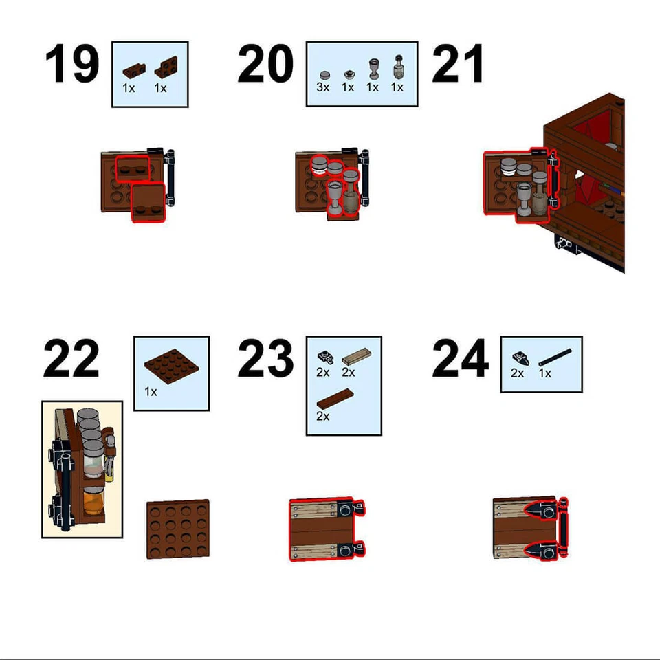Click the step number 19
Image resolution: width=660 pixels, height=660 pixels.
point(71,65)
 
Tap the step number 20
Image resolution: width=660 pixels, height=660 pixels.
point(265,65)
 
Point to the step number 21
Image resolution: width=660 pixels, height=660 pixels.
point(458,65)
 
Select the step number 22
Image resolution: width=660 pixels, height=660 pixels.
point(71,359)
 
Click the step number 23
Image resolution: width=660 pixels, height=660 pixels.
point(265,359)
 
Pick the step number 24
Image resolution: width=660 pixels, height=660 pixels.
point(460,359)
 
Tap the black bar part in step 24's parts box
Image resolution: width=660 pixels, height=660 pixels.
point(555,357)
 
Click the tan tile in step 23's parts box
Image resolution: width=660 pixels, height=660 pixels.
point(355,355)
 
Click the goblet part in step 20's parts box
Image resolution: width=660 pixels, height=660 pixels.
point(373,68)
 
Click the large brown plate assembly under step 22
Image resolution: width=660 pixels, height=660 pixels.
point(177,528)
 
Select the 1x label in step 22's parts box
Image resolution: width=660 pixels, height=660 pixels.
point(151,392)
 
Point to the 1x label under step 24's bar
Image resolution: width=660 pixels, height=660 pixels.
point(545,373)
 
